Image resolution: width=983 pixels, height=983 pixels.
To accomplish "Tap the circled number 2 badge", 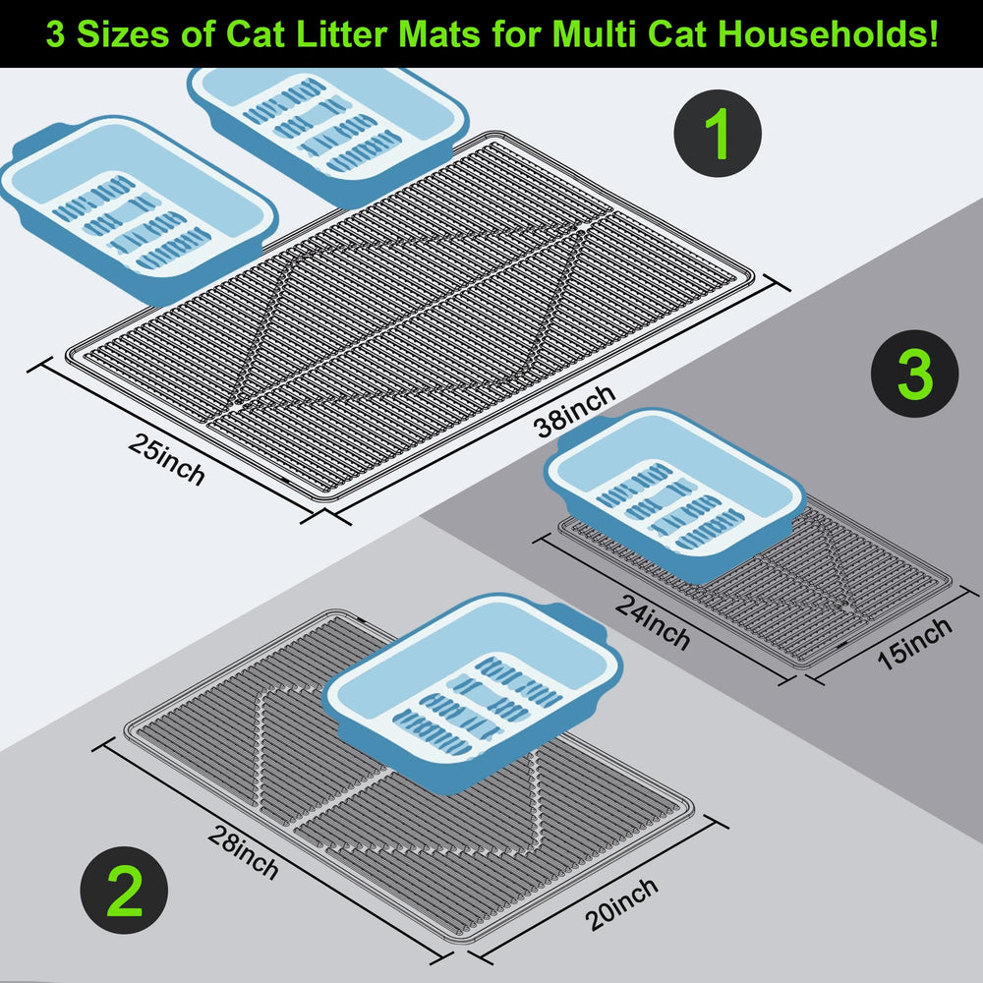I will point(124,894).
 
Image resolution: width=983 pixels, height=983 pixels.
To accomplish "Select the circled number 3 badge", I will point(914,375).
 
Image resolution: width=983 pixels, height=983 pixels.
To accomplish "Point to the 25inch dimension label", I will point(166,459).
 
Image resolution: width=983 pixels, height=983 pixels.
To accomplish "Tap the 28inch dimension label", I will point(243,851).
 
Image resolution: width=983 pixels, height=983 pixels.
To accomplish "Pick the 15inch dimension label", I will point(914,644).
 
